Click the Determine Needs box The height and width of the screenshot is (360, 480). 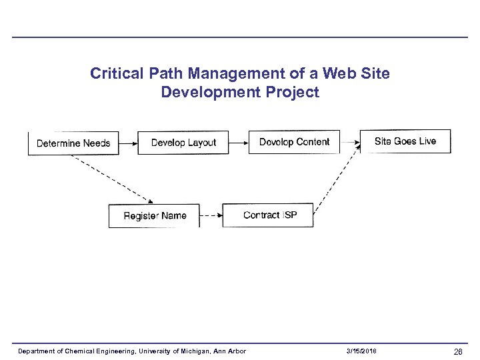pyautogui.click(x=73, y=143)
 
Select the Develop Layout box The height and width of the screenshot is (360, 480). pyautogui.click(x=183, y=143)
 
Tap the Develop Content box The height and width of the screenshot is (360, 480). pyautogui.click(x=294, y=142)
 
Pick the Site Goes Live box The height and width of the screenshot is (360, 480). pyautogui.click(x=405, y=141)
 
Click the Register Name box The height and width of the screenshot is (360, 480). pyautogui.click(x=155, y=215)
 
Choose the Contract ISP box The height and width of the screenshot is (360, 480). pyautogui.click(x=268, y=215)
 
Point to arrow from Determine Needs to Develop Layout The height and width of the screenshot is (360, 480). pyautogui.click(x=128, y=143)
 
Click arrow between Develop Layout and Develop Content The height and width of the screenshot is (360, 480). pyautogui.click(x=239, y=142)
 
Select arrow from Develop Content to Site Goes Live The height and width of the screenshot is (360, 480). pyautogui.click(x=350, y=141)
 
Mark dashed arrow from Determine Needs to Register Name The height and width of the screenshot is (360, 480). pyautogui.click(x=113, y=179)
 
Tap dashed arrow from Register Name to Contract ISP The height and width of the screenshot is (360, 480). pyautogui.click(x=211, y=215)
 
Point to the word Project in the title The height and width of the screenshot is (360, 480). pyautogui.click(x=295, y=92)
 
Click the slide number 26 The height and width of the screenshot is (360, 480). pyautogui.click(x=458, y=351)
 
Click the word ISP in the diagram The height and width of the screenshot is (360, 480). pyautogui.click(x=290, y=215)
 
